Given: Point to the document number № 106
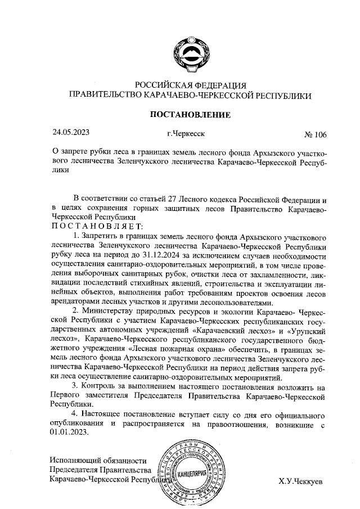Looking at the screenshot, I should (x=315, y=134).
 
